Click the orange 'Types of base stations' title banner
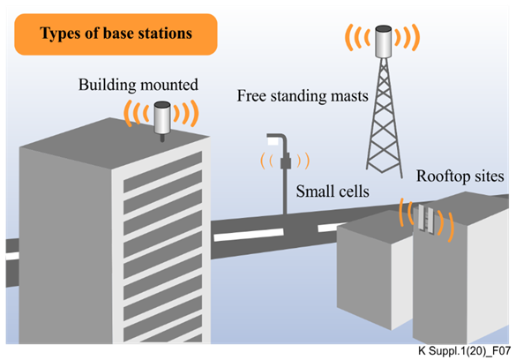(116, 34)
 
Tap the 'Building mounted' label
(138, 85)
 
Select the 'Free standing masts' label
(303, 96)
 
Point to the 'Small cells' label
(333, 191)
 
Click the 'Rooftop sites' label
(460, 176)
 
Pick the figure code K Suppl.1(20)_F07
(464, 351)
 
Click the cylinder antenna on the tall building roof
(162, 117)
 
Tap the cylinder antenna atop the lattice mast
(384, 41)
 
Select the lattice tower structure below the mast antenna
(384, 116)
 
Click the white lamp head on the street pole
(273, 141)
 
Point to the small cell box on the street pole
(286, 161)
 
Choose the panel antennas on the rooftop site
(426, 219)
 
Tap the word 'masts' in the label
(349, 96)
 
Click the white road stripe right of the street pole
(329, 227)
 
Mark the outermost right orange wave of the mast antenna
(416, 37)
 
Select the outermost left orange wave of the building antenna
(127, 114)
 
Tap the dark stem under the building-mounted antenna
(162, 138)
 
